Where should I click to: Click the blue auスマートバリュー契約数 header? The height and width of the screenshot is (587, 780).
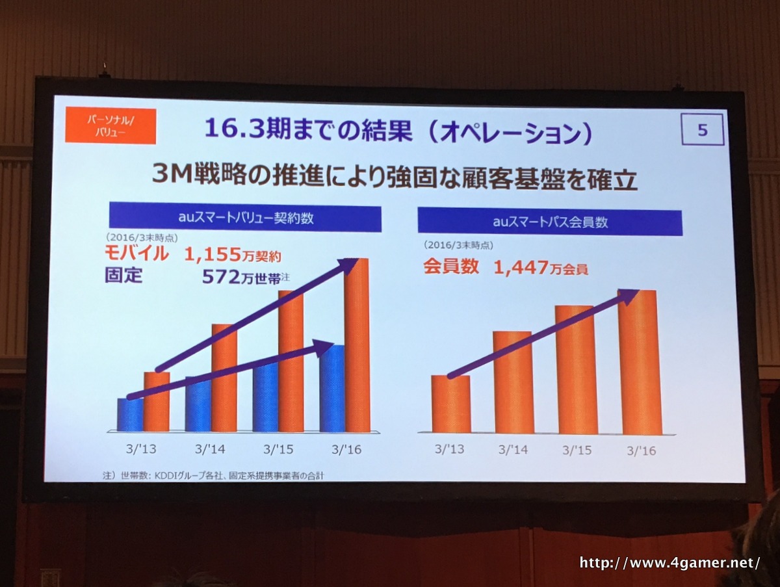[x=245, y=218]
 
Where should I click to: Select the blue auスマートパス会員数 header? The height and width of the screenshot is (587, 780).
[x=550, y=222]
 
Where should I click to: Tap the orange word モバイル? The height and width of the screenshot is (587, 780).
[x=136, y=254]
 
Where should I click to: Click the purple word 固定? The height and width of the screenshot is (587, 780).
[x=123, y=276]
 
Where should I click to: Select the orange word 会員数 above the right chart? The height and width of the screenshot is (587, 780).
[x=451, y=267]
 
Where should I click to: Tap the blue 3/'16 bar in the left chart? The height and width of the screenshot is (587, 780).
[x=332, y=390]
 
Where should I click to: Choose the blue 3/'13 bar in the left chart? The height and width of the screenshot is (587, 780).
[x=130, y=416]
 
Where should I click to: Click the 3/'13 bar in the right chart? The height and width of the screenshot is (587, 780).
[x=450, y=404]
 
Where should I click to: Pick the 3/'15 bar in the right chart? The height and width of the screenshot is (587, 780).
[x=576, y=371]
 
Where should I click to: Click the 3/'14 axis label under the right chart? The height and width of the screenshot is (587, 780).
[x=513, y=449]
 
